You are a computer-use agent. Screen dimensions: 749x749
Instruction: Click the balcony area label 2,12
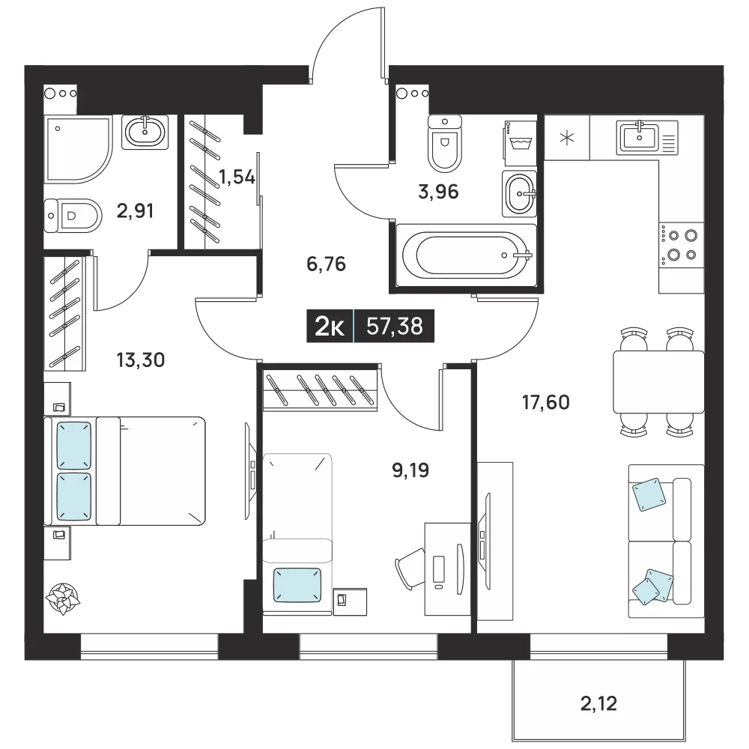tap(598, 703)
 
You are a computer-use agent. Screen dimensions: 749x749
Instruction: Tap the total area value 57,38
tap(395, 327)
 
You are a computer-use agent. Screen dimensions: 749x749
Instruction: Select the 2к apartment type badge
tap(330, 327)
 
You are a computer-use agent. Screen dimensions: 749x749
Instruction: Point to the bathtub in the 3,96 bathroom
tap(467, 255)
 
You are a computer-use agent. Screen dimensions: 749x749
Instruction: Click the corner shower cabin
tap(78, 148)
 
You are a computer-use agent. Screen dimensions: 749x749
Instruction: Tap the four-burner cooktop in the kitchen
tap(681, 246)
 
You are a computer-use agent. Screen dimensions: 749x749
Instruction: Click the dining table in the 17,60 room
tap(658, 382)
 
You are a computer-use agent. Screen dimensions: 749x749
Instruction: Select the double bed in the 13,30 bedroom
tap(124, 471)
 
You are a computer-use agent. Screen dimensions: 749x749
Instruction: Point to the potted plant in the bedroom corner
tap(63, 598)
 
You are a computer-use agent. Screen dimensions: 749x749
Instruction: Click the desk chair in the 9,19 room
tap(410, 569)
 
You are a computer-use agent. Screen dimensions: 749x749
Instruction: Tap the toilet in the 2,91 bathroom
tap(73, 216)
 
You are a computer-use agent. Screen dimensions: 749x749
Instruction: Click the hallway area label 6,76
tap(327, 264)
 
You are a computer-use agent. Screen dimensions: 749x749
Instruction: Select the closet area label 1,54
tap(237, 178)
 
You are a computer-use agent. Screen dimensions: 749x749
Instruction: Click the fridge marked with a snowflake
tap(567, 138)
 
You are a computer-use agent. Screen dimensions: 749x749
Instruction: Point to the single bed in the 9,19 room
tap(297, 533)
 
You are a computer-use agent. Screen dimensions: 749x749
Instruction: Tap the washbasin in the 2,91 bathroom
tap(145, 133)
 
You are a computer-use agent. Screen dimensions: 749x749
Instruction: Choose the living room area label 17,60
tap(546, 402)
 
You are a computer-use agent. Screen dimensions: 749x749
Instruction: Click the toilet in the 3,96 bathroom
tap(445, 143)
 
